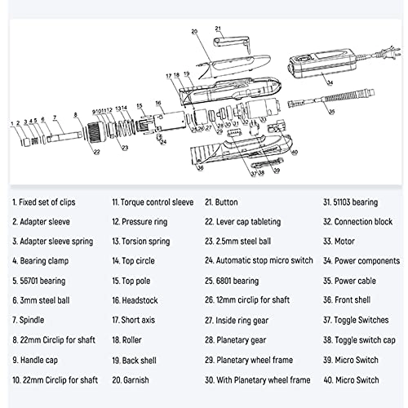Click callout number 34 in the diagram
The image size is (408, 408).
pos(330,82)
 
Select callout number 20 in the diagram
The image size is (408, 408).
pos(194,31)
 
